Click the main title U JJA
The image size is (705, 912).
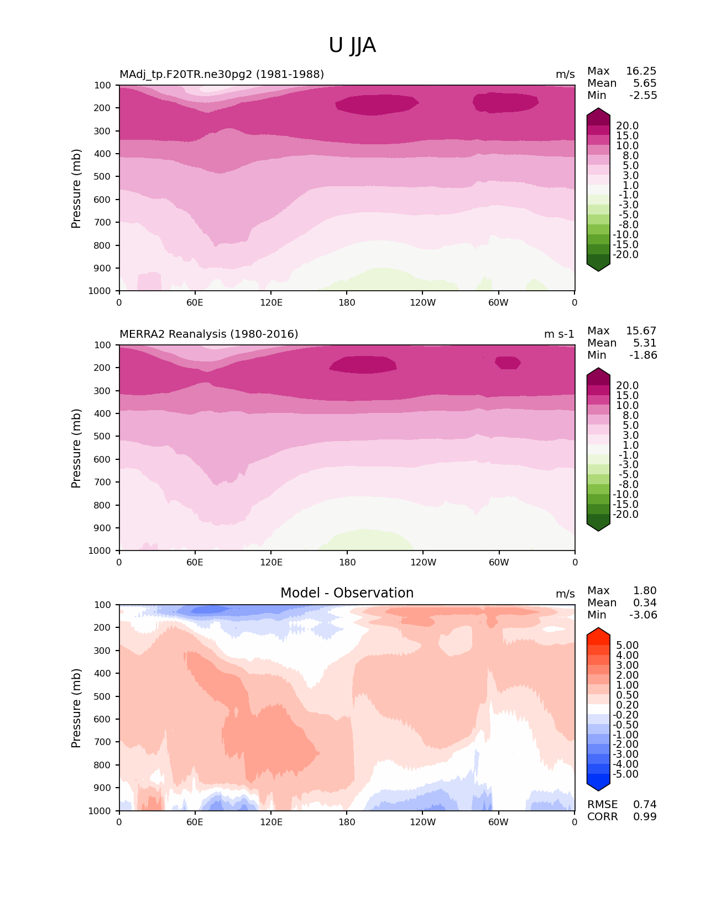point(352,45)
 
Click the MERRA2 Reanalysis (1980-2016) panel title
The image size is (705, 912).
point(208,334)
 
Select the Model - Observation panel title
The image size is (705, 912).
point(347,593)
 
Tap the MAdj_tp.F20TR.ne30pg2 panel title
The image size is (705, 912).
point(221,74)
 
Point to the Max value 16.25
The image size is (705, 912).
point(641,71)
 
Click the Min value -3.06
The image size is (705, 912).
point(643,615)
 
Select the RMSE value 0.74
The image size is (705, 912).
point(645,804)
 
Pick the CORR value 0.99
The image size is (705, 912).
point(645,816)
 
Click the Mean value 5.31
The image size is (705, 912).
point(645,343)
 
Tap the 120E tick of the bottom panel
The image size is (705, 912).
point(271,822)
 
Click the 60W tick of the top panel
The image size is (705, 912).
point(498,302)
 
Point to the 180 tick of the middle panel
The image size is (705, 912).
point(347,562)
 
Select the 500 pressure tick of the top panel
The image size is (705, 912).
point(103,176)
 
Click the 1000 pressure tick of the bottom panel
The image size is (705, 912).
point(101,810)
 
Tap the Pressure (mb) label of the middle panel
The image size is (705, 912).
point(76,448)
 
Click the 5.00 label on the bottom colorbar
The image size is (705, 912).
point(627,645)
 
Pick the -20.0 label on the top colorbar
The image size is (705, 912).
point(625,254)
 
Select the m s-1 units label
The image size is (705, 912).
point(559,334)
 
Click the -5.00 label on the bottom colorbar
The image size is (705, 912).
point(625,774)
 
